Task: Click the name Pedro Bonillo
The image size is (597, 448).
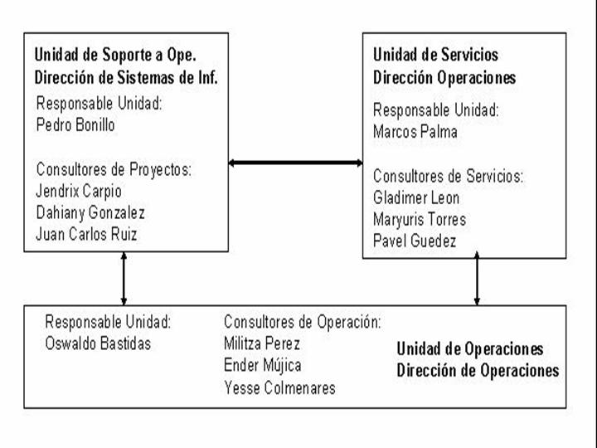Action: pos(75,125)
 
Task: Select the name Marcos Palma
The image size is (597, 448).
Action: pos(415,132)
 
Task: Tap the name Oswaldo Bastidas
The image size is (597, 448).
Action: pos(98,343)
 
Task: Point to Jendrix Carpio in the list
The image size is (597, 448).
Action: pos(79,192)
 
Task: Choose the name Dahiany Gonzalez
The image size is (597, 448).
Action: pos(90,212)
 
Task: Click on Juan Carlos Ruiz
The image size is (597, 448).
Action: pos(86,234)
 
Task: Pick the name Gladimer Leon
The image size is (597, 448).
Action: pos(416,197)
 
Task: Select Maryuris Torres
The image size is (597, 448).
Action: pos(420,219)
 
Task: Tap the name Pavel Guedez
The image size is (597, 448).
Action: pos(415,241)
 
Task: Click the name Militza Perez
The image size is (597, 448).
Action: pos(262,343)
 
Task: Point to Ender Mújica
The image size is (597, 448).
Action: pos(262,365)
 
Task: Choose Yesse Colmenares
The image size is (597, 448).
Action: pos(279,387)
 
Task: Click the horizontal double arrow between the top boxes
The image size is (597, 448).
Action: pos(295,163)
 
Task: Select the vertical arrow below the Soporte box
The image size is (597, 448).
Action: pos(124,279)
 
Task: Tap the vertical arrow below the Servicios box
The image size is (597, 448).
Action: pos(477,278)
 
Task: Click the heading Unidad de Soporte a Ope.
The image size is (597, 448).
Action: pos(115,55)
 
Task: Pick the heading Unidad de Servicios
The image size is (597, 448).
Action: pos(435,55)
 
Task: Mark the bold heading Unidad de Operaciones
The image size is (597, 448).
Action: pos(470,349)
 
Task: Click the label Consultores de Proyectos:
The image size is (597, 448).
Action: pos(114,169)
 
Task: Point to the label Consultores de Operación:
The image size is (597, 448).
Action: pos(303,322)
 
